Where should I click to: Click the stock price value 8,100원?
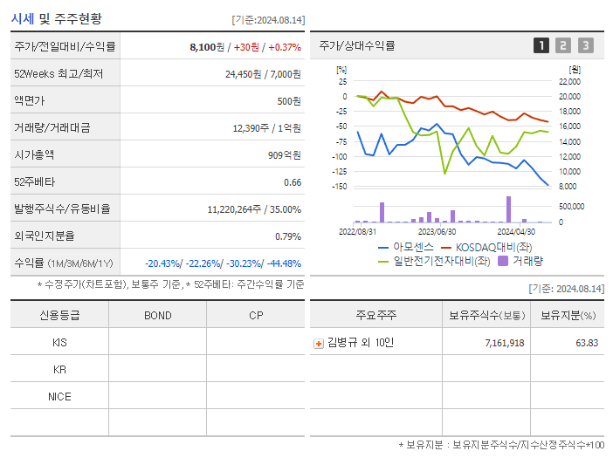[206, 46]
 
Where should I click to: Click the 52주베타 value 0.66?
[293, 182]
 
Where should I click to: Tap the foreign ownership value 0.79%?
[287, 236]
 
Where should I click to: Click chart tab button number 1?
[541, 45]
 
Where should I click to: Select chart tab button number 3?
[585, 45]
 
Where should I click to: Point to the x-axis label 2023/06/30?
[437, 232]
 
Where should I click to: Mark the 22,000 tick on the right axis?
[568, 82]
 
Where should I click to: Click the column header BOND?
[157, 315]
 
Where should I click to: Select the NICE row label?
[59, 396]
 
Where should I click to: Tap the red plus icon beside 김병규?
[319, 343]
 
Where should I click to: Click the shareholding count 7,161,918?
[504, 343]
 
